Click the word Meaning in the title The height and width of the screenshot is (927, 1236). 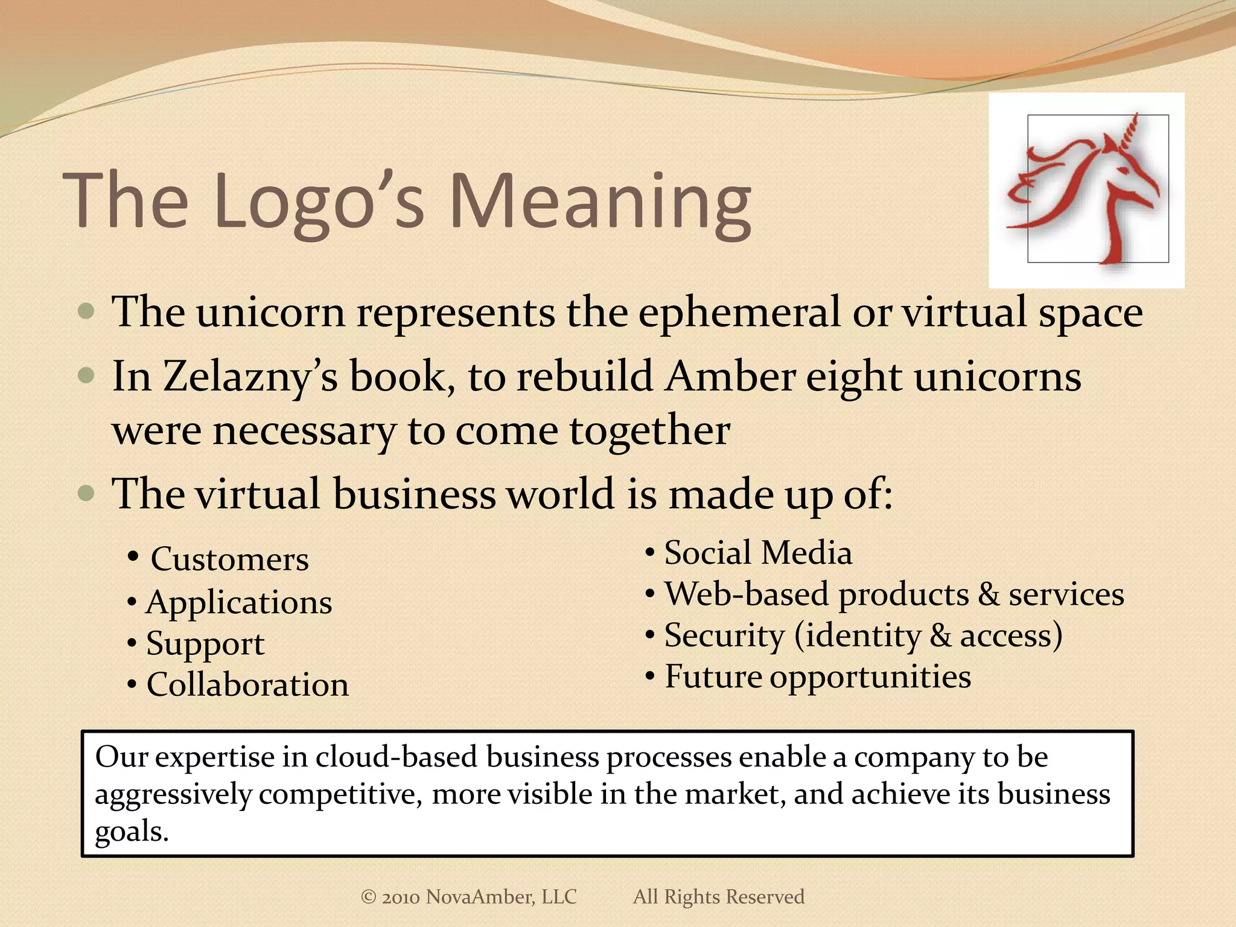(600, 202)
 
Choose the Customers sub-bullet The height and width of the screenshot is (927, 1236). (229, 559)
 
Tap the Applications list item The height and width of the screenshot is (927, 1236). (239, 603)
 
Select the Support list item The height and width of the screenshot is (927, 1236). (205, 644)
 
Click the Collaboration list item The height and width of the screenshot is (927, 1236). (247, 685)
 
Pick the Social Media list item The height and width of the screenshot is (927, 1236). (758, 553)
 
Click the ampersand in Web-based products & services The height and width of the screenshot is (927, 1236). (989, 594)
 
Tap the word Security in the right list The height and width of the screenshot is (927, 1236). (724, 636)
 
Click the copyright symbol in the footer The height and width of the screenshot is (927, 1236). (368, 897)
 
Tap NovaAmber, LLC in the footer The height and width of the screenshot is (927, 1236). (501, 897)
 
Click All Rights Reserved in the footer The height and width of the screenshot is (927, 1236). (718, 897)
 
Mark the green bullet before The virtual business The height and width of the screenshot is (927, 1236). (86, 494)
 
